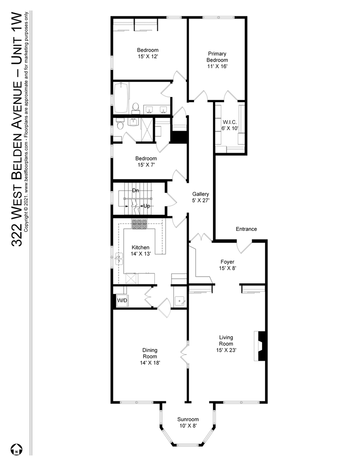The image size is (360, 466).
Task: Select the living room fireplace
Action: [x=260, y=346]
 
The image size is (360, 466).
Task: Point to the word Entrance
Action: [x=246, y=229]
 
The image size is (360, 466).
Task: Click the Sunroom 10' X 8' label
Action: [x=188, y=422]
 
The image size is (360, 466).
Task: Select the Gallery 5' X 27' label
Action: [x=200, y=197]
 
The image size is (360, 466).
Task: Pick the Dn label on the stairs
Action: [x=135, y=190]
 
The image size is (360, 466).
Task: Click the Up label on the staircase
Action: [x=146, y=206]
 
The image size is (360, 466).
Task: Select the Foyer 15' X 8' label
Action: [x=227, y=264]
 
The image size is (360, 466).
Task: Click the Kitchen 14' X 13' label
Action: [x=141, y=250]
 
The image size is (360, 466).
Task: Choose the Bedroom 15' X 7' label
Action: [x=146, y=161]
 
